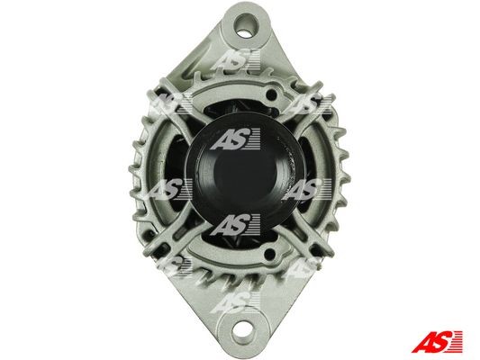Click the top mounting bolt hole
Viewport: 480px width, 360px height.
pos(246,26)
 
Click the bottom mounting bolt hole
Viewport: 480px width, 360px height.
pos(243,331)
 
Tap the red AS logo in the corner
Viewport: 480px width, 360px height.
pos(437,341)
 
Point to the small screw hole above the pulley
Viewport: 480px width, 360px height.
pos(271,94)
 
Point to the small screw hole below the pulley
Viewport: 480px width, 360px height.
pos(269,254)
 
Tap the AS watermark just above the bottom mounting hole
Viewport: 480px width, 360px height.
pos(235,302)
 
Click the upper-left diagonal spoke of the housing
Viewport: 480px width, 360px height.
pos(175,107)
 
